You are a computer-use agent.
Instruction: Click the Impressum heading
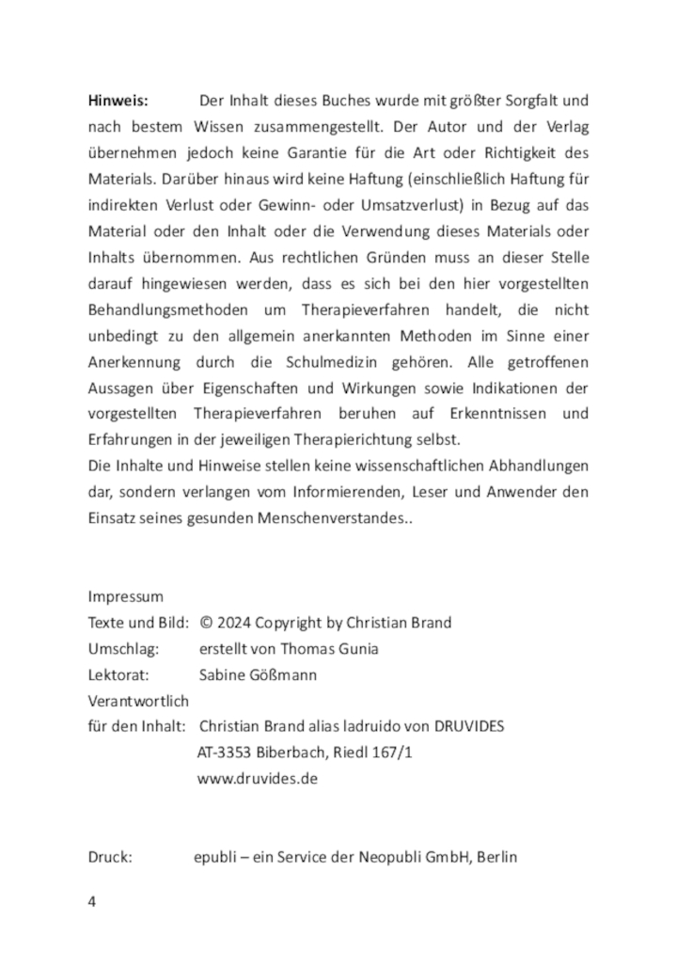(x=125, y=596)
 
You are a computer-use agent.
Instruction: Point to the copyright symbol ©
(x=208, y=623)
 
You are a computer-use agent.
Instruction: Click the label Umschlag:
(x=125, y=648)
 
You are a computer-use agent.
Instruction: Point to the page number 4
(x=92, y=901)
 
